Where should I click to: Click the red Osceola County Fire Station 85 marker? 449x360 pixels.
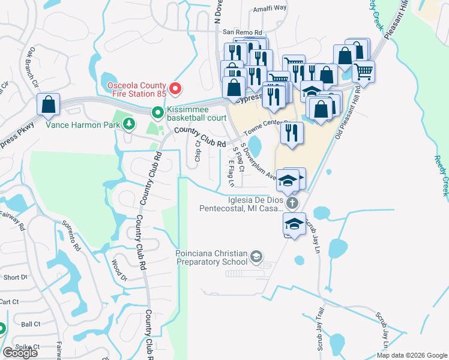(x=175, y=89)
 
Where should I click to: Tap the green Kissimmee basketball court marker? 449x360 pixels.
(x=157, y=112)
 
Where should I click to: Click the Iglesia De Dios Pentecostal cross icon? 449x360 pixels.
(x=292, y=203)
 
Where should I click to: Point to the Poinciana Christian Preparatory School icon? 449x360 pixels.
(x=256, y=258)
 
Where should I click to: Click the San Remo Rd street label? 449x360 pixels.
(x=243, y=32)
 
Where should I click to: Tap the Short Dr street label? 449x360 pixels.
(x=15, y=277)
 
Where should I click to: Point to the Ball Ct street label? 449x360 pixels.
(x=30, y=324)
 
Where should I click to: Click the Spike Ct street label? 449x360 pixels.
(x=28, y=347)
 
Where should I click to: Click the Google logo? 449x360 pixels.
(x=20, y=353)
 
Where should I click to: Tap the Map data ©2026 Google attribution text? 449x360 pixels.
(x=412, y=355)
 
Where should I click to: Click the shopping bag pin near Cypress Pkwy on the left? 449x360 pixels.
(x=48, y=105)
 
